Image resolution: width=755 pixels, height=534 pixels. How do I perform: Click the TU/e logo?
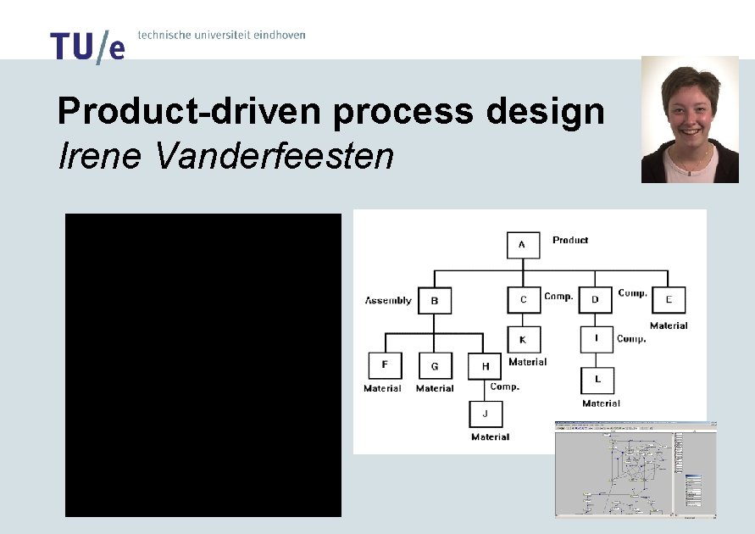[x=86, y=47]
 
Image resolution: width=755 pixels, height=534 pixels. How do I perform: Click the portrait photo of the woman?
[x=690, y=120]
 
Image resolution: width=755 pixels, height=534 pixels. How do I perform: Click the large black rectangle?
[x=203, y=365]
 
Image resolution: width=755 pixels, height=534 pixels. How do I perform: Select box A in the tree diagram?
[x=523, y=246]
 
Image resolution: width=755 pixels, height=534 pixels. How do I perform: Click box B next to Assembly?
[x=435, y=300]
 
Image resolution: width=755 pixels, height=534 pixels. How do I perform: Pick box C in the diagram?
[x=524, y=300]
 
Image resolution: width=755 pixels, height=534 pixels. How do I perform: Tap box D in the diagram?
[x=596, y=300]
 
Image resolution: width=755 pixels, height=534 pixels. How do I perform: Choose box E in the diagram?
[x=669, y=300]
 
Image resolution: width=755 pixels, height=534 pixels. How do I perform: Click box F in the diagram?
[x=385, y=365]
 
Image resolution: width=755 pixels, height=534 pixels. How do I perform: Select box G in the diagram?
[x=435, y=366]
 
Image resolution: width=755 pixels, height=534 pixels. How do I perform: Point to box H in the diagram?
[x=485, y=366]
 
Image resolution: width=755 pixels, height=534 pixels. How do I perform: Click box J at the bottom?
[x=486, y=414]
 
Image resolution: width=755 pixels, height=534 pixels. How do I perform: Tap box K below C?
[x=523, y=340]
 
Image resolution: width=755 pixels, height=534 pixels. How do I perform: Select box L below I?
[x=597, y=380]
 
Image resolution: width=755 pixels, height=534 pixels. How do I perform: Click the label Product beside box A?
[x=570, y=241]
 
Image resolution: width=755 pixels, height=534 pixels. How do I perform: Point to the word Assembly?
[x=388, y=301]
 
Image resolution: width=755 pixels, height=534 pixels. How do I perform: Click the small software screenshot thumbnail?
[x=636, y=469]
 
